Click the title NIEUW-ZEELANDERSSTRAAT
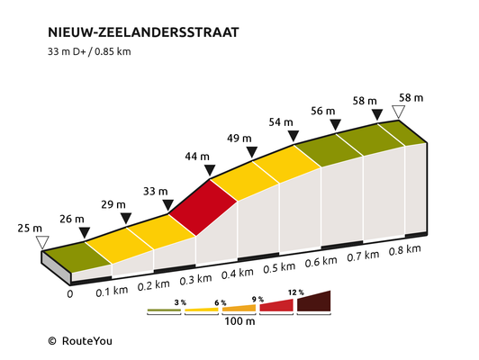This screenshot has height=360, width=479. click(143, 32)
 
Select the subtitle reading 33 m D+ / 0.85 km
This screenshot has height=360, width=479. click(89, 51)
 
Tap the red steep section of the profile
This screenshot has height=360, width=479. click(203, 208)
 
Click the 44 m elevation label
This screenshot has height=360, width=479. click(197, 157)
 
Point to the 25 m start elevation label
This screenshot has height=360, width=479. click(30, 228)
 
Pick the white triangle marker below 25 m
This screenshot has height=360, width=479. click(42, 242)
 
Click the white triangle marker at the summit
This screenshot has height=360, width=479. click(399, 112)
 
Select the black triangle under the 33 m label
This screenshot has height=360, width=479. click(168, 205)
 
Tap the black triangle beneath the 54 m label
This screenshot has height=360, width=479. click(294, 136)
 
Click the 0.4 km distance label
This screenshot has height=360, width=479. click(238, 274)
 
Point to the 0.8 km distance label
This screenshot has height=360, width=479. click(405, 250)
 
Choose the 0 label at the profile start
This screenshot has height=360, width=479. click(70, 294)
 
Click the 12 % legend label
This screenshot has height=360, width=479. click(295, 292)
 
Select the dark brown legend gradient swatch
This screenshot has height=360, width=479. click(313, 301)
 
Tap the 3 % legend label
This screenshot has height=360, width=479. click(180, 302)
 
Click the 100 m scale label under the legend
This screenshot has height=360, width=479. click(239, 321)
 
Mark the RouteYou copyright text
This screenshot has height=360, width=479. click(80, 341)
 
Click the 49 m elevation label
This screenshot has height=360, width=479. click(239, 139)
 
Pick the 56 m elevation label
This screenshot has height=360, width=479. click(323, 111)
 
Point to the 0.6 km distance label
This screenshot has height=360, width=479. click(321, 262)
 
